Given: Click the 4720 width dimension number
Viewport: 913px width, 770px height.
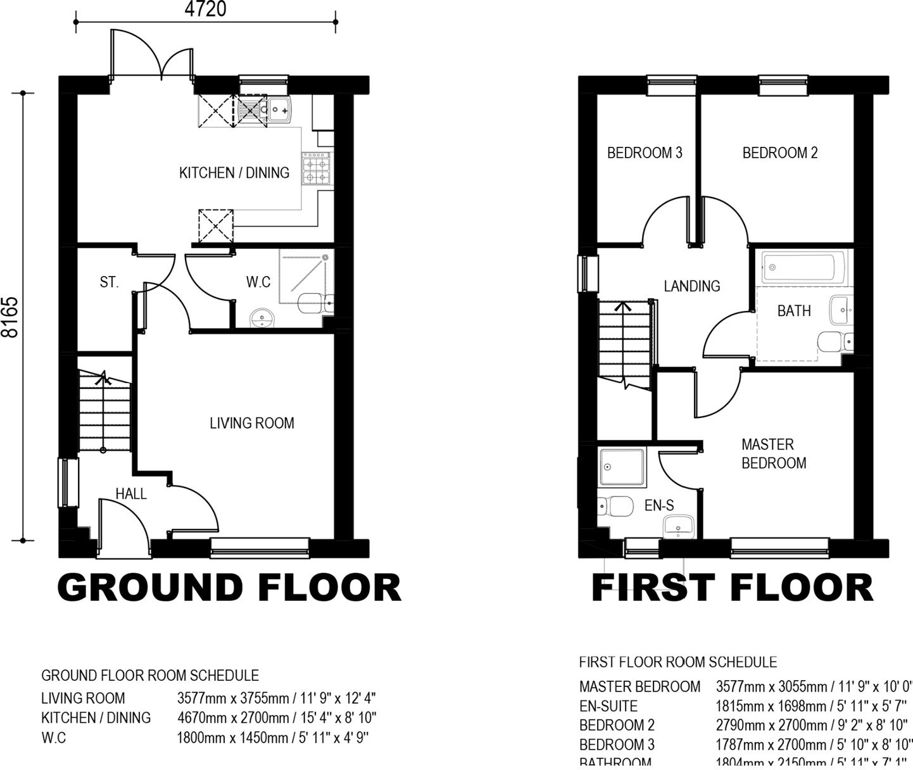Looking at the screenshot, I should (x=206, y=9).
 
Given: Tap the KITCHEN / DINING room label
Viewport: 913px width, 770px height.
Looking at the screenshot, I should (x=234, y=172).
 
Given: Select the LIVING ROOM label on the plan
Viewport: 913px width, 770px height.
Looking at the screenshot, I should (x=252, y=423).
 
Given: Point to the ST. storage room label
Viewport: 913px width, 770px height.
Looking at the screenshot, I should (x=109, y=282).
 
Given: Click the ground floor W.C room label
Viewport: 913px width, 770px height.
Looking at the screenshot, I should (x=258, y=282).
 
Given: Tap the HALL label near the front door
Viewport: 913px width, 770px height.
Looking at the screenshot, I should (x=131, y=493).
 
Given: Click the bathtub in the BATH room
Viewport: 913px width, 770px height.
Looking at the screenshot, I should (x=803, y=268).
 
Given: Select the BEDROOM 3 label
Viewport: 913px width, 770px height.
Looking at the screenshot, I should (x=645, y=153).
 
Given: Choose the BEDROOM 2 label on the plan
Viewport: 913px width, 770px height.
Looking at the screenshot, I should (x=780, y=153).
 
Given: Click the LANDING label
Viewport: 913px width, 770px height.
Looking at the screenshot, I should (x=692, y=286).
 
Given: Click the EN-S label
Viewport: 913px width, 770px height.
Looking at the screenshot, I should (x=659, y=505).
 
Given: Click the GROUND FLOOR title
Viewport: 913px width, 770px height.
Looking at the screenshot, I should (x=229, y=588).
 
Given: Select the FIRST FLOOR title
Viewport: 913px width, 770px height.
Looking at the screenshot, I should (x=732, y=588).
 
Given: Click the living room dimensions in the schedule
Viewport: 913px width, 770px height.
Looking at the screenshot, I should (x=277, y=698).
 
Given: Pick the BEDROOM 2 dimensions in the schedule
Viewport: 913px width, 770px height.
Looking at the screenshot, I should (x=813, y=725).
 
